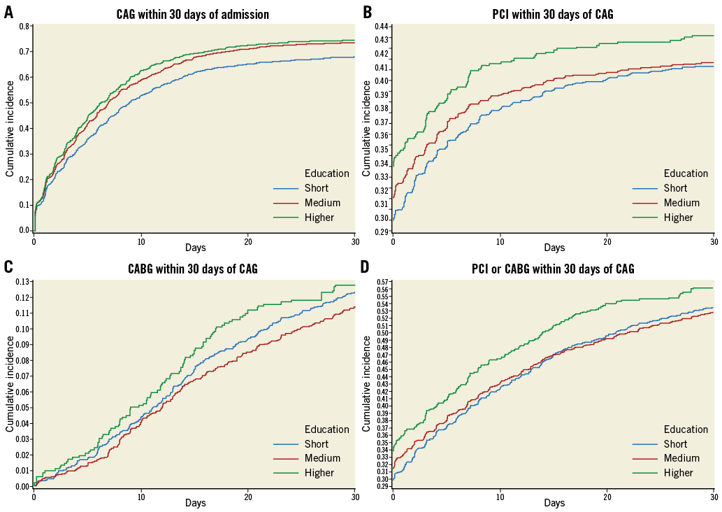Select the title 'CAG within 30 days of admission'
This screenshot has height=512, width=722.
(192, 14)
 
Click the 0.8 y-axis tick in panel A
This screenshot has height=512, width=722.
(24, 27)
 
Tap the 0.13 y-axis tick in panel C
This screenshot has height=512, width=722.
(23, 282)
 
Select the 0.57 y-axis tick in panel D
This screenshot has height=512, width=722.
(383, 281)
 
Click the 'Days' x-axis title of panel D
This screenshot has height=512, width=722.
(554, 503)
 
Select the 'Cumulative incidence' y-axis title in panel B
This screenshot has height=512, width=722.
(366, 128)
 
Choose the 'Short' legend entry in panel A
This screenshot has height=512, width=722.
(317, 188)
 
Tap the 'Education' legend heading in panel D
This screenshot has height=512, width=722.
(686, 429)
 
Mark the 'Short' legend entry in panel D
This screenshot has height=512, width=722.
(676, 444)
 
